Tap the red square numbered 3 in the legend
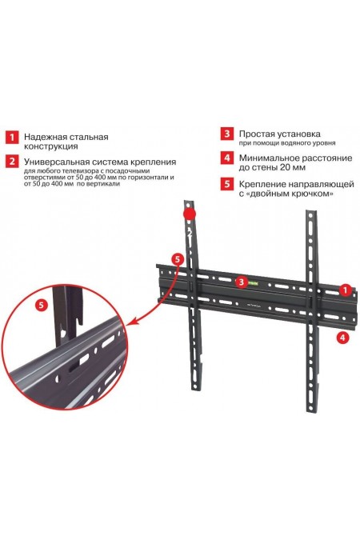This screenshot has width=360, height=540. click(x=227, y=134)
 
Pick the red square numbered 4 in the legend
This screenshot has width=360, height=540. click(x=227, y=158)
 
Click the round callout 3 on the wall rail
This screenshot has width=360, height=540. click(x=240, y=282)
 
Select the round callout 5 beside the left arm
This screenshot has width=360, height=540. click(x=177, y=259)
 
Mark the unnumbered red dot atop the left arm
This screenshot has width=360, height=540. click(x=189, y=214)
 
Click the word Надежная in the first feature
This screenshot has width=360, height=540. click(x=47, y=137)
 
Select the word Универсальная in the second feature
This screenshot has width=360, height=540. click(x=58, y=161)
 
